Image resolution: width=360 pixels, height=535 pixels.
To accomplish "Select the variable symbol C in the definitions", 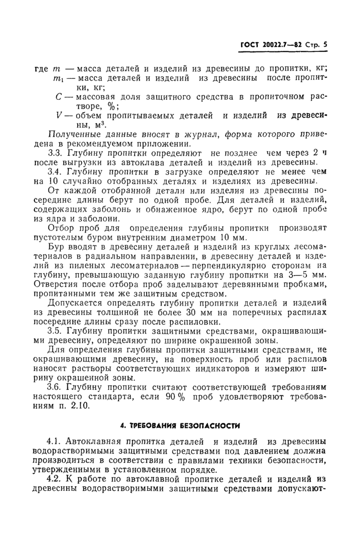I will [58, 97].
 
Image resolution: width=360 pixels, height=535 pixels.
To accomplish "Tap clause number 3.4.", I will [56, 171].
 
